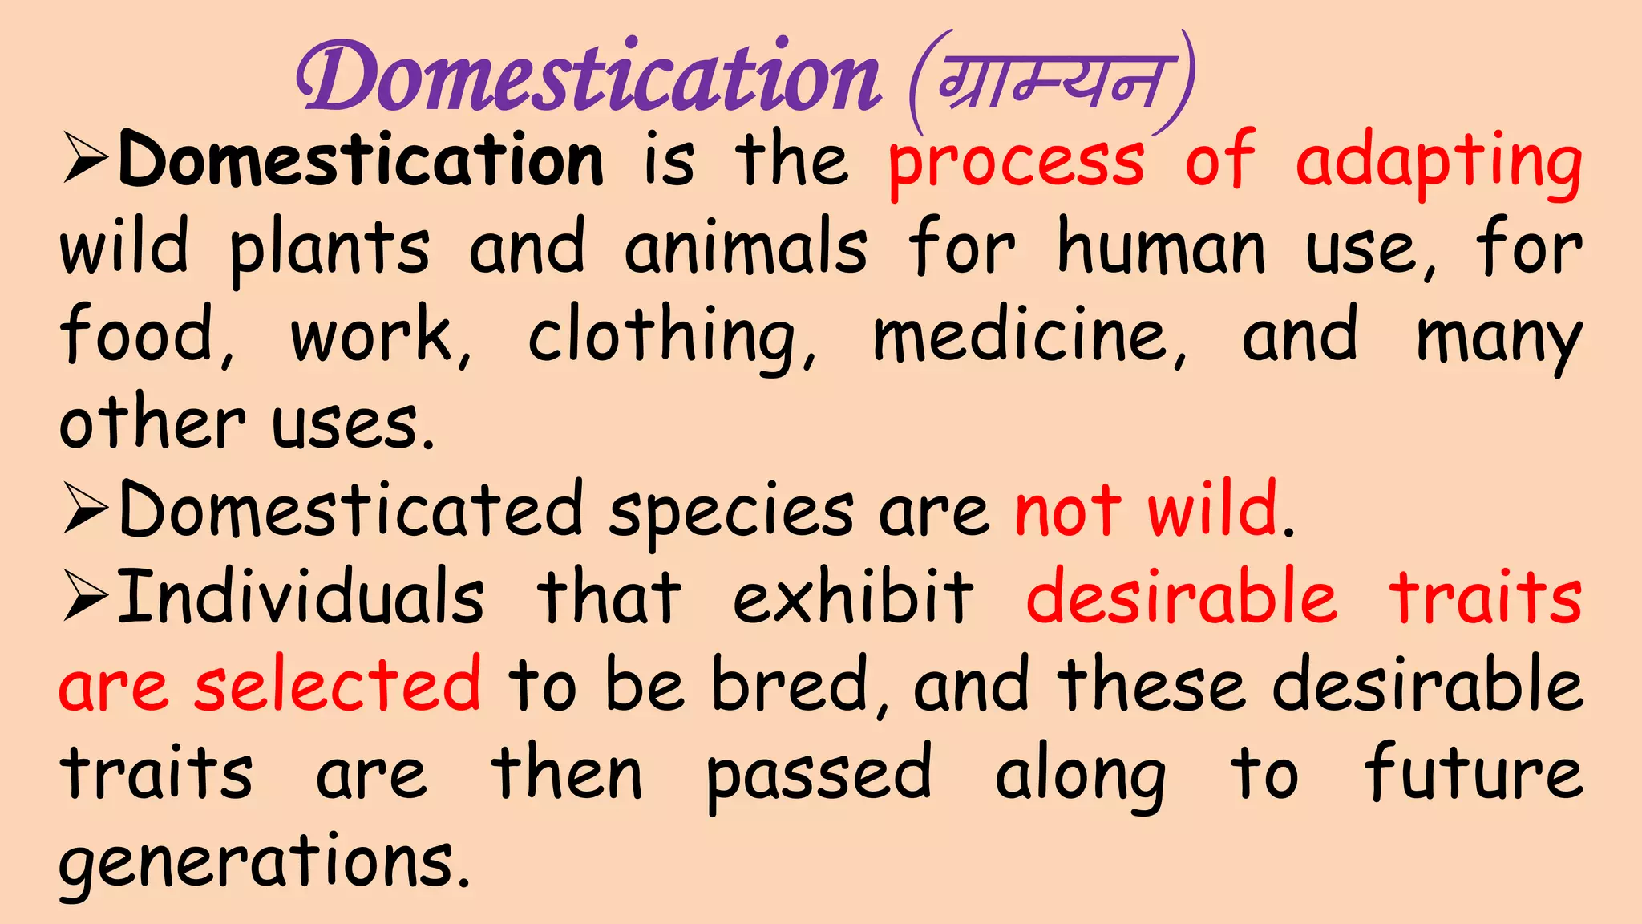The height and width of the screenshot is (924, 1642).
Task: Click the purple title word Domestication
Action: [589, 79]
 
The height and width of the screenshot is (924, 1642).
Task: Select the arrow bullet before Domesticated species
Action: [85, 511]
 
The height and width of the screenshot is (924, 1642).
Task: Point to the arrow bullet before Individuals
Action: [85, 598]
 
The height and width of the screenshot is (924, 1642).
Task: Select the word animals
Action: [746, 249]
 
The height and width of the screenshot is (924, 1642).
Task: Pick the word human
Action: [1161, 249]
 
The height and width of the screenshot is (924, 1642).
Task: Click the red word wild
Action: [1212, 509]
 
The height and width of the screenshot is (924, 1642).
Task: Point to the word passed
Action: [819, 774]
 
